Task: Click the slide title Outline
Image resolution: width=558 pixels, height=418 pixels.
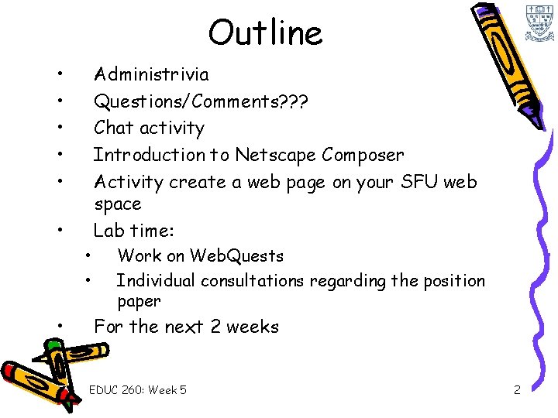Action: point(265,33)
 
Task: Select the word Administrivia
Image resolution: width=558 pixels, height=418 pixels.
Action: point(151,74)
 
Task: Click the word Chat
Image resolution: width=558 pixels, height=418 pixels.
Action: point(112,128)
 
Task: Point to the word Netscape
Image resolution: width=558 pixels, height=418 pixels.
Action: point(274,155)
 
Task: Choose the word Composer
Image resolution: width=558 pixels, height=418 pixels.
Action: point(363,155)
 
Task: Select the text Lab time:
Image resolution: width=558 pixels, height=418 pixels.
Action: point(134,230)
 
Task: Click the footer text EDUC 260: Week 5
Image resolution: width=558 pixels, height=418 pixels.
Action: point(138,390)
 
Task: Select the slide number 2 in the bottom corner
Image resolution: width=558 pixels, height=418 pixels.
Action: point(517,390)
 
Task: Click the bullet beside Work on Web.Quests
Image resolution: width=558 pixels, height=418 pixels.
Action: point(90,255)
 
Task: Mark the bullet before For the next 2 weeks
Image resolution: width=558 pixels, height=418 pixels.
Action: point(59,327)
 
